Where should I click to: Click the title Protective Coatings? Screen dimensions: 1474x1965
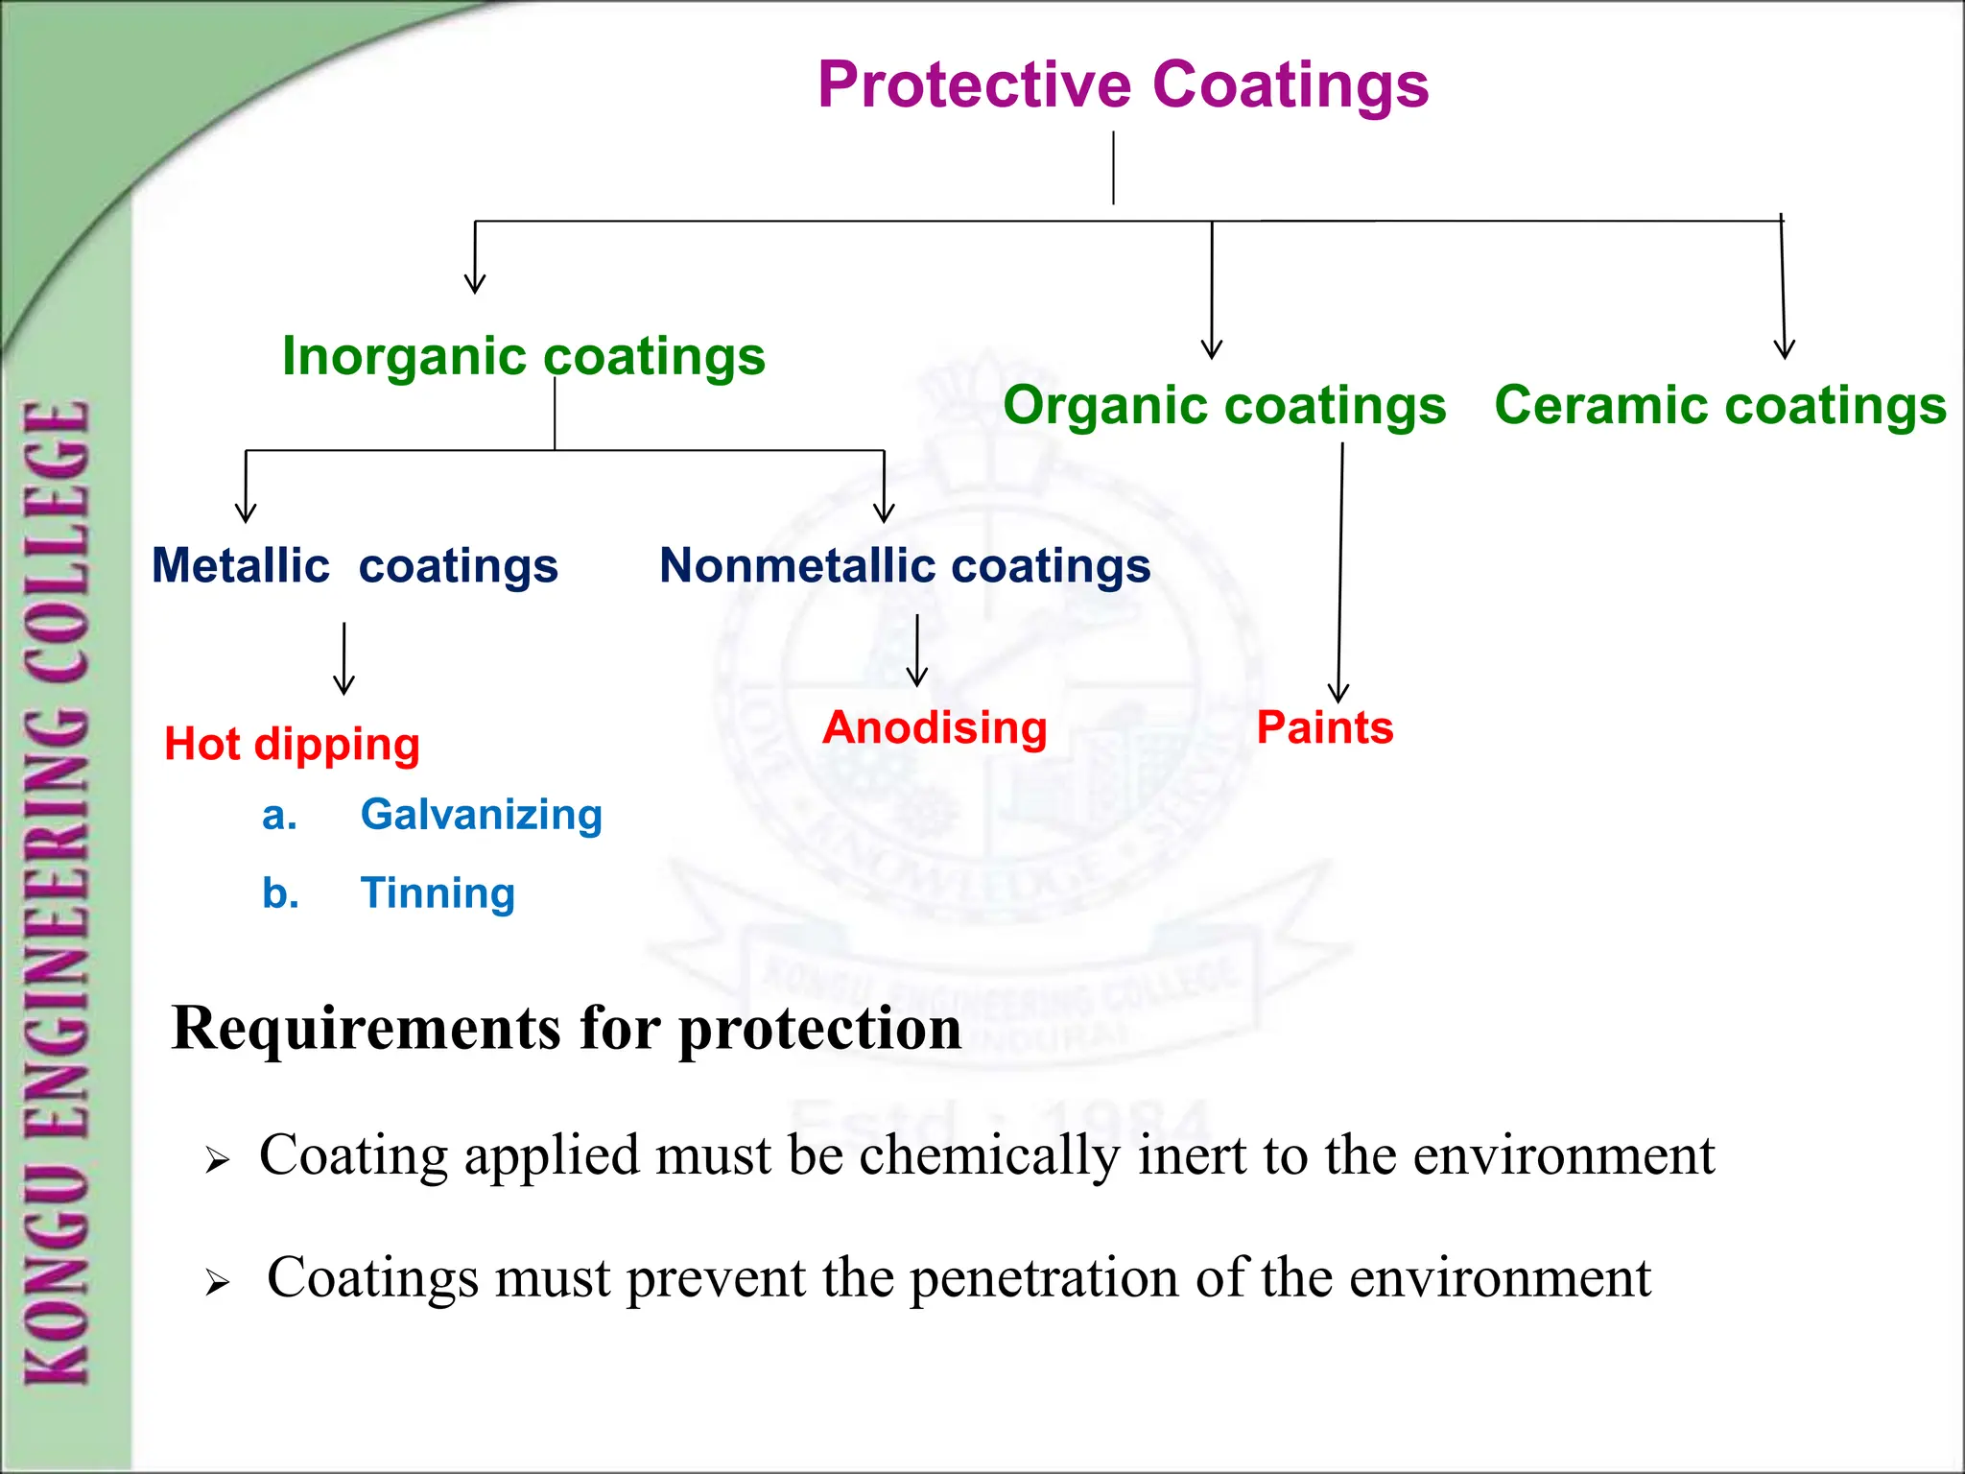1123,84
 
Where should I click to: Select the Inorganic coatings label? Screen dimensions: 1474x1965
524,357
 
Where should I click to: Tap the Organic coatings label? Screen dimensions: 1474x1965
1224,405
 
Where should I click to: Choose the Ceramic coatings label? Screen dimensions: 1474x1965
1720,405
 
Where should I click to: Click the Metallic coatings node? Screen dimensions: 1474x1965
355,565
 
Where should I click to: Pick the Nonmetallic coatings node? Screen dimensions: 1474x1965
905,565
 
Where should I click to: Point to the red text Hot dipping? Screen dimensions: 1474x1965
293,744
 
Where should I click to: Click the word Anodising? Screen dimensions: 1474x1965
935,727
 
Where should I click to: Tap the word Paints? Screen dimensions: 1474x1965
1325,727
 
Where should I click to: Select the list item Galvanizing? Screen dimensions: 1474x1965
481,815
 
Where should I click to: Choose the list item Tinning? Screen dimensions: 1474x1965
438,893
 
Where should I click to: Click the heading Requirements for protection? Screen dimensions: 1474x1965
566,1029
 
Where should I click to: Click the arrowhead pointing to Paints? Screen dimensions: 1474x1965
1338,694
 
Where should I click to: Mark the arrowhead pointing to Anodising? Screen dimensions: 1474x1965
917,678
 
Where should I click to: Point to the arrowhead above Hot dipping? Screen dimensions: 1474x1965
343,685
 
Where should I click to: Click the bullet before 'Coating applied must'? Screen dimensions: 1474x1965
218,1161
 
